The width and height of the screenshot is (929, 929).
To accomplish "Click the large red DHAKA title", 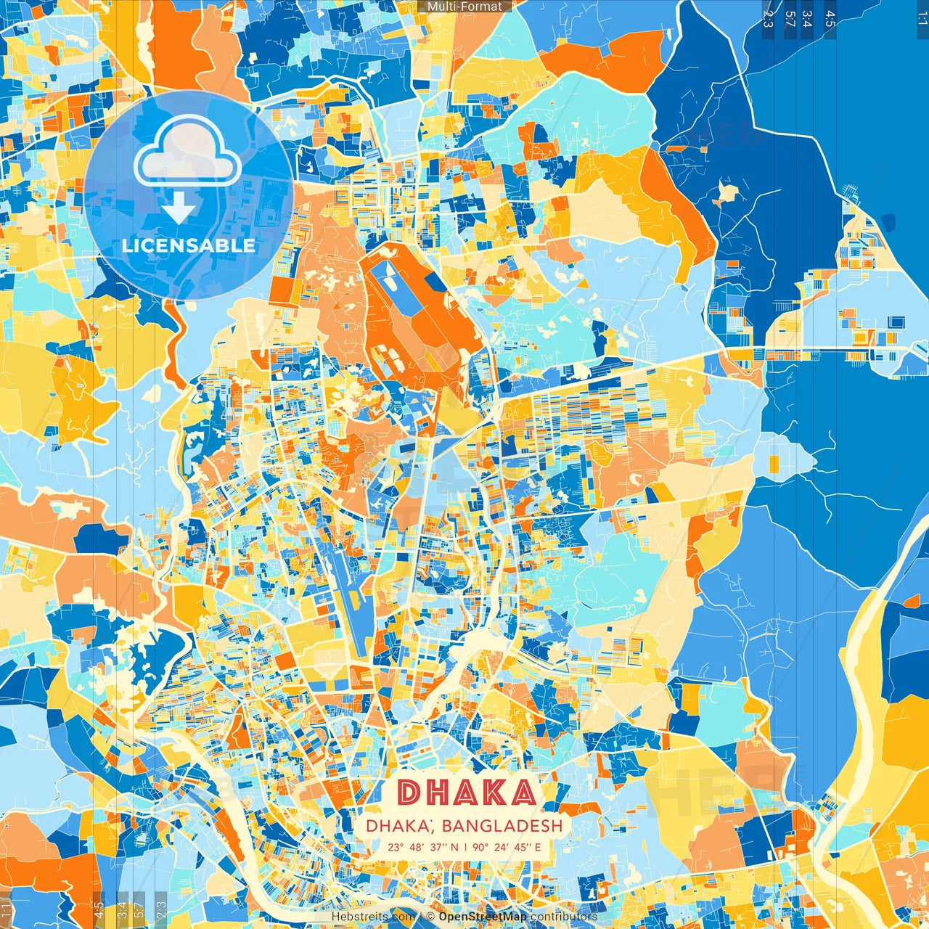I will point(467,793).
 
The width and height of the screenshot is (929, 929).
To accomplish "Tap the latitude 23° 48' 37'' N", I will point(422,847).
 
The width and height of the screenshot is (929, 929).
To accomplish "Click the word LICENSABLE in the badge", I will point(189,245).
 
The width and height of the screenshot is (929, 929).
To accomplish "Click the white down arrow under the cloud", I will point(179,210).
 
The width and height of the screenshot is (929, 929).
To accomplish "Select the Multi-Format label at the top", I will point(464,7).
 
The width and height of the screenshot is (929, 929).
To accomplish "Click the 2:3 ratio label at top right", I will point(768,19).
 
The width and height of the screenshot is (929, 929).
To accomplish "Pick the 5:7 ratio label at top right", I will point(790,19).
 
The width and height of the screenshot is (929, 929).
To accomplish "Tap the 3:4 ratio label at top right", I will point(806,19).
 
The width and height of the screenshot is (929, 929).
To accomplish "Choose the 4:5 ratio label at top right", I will point(830,19).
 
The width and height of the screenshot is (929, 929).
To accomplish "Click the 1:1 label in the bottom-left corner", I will point(7,910).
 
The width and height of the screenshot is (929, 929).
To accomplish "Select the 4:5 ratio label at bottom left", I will point(99,910).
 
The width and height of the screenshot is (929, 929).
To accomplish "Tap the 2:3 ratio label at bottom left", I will point(161,910).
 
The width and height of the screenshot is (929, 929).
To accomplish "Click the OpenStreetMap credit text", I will point(483,917).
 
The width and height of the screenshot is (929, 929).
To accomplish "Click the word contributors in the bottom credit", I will point(564,917).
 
